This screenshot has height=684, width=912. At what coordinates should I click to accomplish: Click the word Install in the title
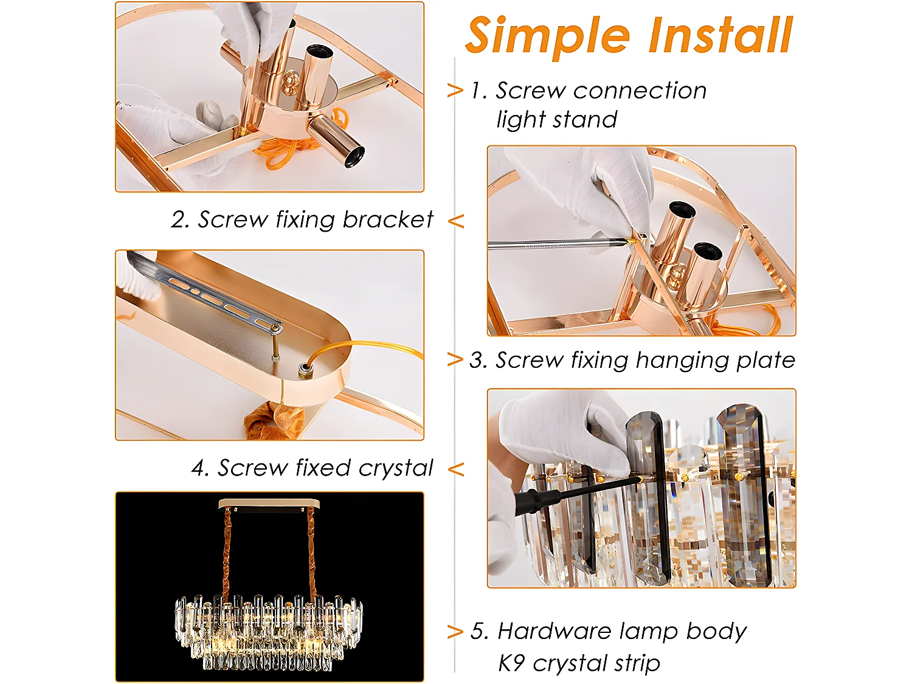pyautogui.click(x=720, y=35)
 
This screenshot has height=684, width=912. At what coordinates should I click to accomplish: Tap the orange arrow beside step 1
pyautogui.click(x=455, y=91)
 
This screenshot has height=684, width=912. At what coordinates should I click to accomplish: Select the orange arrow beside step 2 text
pyautogui.click(x=456, y=221)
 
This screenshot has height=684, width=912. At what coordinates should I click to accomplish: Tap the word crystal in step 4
pyautogui.click(x=395, y=468)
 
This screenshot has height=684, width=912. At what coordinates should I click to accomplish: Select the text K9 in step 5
pyautogui.click(x=511, y=663)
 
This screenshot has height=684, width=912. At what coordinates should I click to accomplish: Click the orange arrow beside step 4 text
pyautogui.click(x=456, y=469)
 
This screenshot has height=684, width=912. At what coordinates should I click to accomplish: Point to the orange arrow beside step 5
pyautogui.click(x=455, y=632)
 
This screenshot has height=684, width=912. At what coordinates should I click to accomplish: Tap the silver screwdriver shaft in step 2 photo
pyautogui.click(x=547, y=245)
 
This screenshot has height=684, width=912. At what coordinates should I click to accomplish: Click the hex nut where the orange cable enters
pyautogui.click(x=303, y=370)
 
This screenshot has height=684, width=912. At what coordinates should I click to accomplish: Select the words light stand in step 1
pyautogui.click(x=556, y=120)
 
